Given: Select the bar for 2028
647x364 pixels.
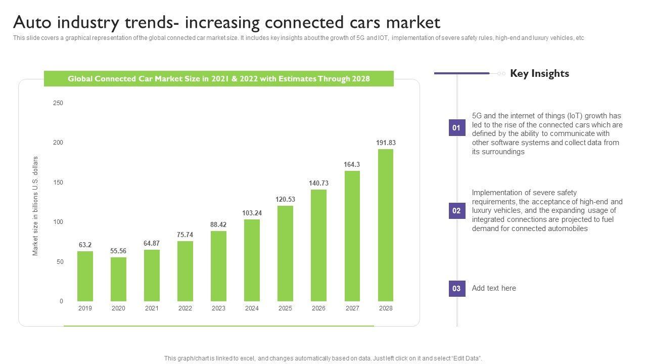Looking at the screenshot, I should click(386, 225).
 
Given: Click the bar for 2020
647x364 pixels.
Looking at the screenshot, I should click(118, 279).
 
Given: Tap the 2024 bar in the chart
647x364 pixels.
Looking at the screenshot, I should click(252, 260).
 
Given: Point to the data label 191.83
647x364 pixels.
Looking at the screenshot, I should click(386, 143).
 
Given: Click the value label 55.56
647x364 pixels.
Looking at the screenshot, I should click(118, 251).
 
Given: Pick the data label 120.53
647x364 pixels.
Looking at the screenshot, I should click(285, 200).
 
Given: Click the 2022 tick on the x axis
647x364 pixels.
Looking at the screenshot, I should click(185, 308).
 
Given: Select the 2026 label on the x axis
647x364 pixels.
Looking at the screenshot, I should click(318, 308).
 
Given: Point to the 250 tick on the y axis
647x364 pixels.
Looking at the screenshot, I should click(58, 103).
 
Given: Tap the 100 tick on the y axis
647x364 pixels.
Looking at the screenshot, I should click(58, 222).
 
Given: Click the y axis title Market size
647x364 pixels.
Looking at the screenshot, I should click(35, 206).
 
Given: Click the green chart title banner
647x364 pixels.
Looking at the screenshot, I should click(218, 79).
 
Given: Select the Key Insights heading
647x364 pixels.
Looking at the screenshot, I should click(539, 73).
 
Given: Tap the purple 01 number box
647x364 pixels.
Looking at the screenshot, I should click(456, 128).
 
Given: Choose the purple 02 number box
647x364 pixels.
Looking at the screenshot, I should click(456, 211).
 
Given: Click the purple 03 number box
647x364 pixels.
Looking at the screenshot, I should click(456, 289).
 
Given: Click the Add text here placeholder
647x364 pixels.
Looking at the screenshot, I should click(494, 288).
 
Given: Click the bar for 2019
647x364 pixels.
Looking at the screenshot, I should click(85, 276).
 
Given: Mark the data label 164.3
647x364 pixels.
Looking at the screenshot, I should click(352, 165).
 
